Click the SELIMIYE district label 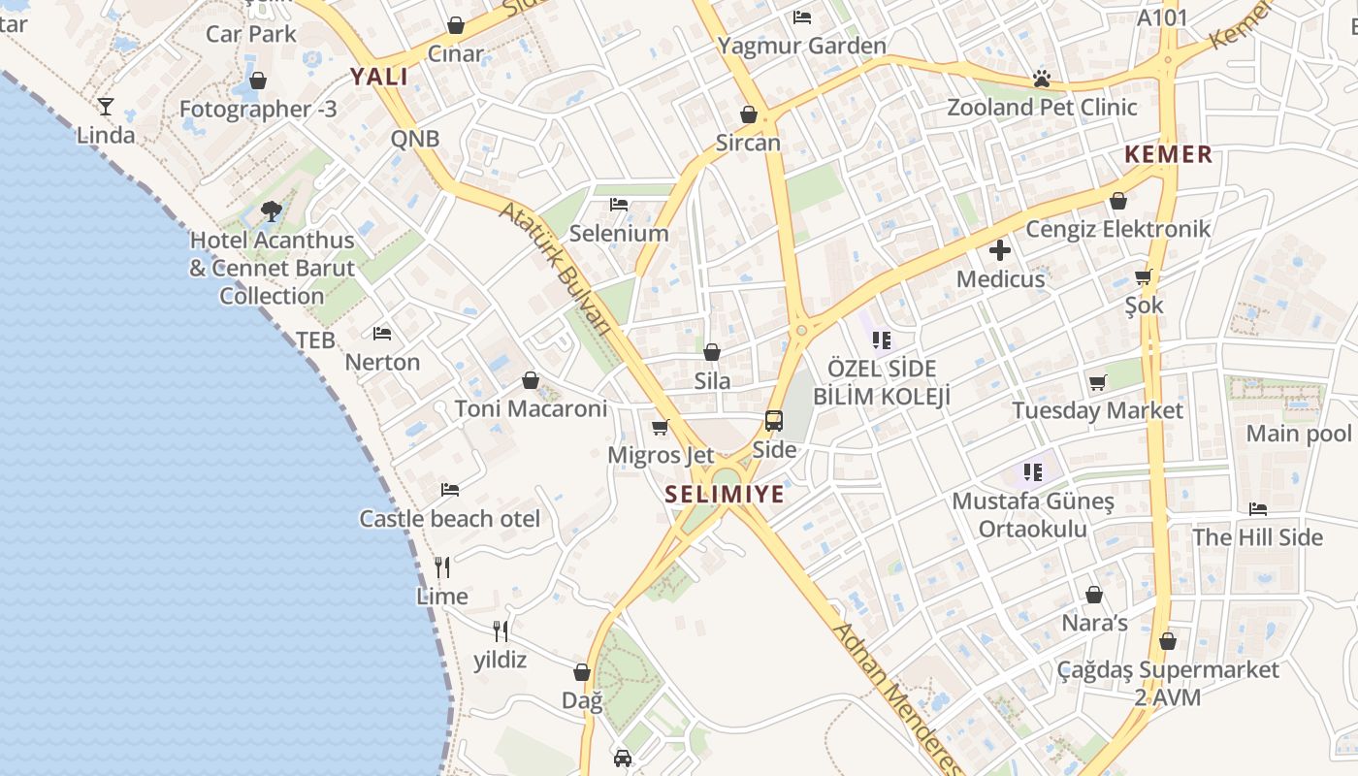click(x=725, y=495)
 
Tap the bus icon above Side click(x=774, y=421)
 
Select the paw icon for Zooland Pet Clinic click(x=1042, y=79)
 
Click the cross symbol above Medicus click(x=1000, y=251)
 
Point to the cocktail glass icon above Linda click(x=106, y=107)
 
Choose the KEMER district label click(x=1169, y=154)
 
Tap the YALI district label click(x=379, y=77)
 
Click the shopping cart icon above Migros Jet click(x=661, y=427)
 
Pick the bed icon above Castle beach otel click(x=450, y=490)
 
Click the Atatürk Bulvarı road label click(x=556, y=268)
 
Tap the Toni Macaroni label click(x=531, y=409)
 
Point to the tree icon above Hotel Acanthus click(x=272, y=210)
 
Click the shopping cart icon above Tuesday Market click(x=1097, y=382)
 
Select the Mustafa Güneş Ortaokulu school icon click(x=1032, y=472)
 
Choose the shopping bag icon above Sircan click(x=749, y=114)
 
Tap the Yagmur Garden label click(x=801, y=46)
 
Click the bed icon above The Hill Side click(x=1258, y=509)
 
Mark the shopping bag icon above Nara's click(x=1094, y=595)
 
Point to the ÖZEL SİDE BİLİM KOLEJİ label click(x=882, y=382)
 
